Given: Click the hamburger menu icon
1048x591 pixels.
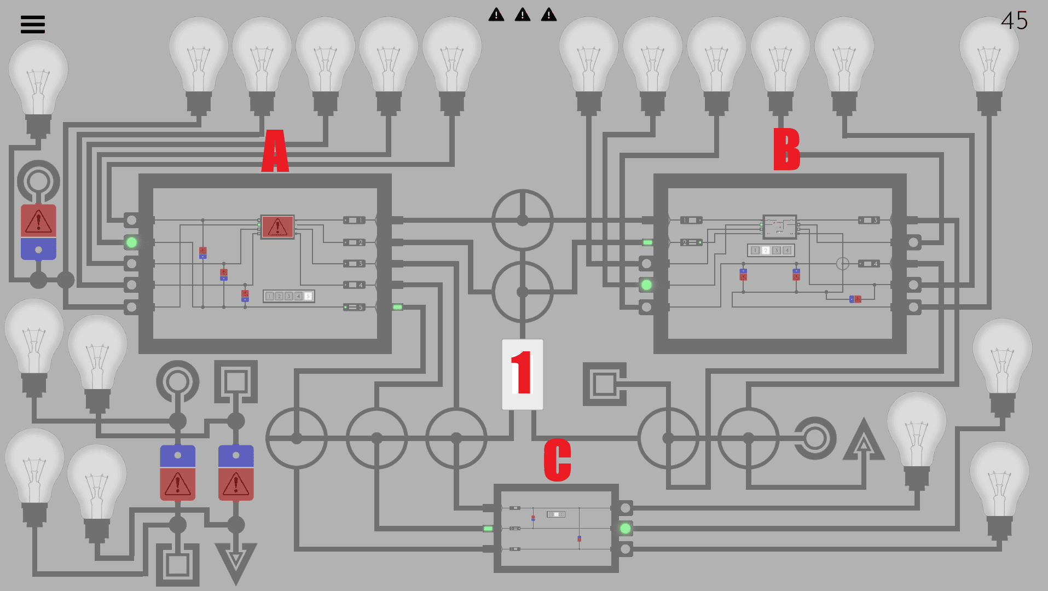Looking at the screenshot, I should [x=33, y=24].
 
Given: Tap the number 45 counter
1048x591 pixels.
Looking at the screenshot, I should [x=1014, y=21].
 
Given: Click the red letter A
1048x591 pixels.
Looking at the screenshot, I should [x=275, y=151].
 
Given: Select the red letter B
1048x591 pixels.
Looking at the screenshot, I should [x=786, y=149].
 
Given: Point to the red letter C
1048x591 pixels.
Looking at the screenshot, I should [x=557, y=460].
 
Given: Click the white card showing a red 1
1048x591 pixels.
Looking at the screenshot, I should [x=523, y=374].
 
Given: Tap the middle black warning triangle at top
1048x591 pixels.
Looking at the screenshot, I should [x=523, y=15].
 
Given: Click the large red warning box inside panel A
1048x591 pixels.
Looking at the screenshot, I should [x=277, y=227].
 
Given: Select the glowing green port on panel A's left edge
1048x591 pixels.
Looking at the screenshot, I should [x=131, y=242].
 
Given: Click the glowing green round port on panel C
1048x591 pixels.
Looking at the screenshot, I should [x=625, y=529].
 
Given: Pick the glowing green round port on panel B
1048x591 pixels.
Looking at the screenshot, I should [x=646, y=285].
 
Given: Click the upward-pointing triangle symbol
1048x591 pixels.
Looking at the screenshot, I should [x=864, y=441].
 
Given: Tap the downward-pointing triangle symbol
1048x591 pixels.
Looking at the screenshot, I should [x=236, y=561].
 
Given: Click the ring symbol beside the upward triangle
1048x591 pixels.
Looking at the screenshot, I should [x=815, y=438].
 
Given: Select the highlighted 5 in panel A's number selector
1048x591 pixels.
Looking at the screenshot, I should [x=308, y=296].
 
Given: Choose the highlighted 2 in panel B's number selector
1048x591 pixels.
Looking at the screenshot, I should [x=766, y=250].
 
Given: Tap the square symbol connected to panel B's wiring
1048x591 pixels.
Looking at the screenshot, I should [x=604, y=384].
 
